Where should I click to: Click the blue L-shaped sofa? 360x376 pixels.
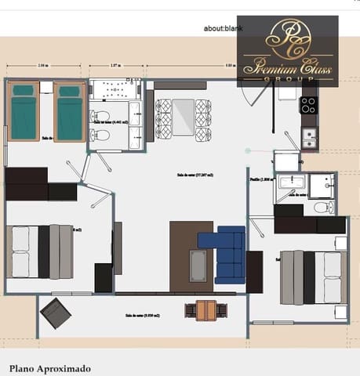[x=227, y=252]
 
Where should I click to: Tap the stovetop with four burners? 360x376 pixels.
[x=309, y=105]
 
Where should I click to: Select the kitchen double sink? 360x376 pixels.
[x=310, y=139]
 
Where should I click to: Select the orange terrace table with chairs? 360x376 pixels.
[x=205, y=309]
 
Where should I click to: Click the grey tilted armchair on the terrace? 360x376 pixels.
[x=55, y=313]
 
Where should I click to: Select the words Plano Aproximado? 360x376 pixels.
[x=50, y=367]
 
